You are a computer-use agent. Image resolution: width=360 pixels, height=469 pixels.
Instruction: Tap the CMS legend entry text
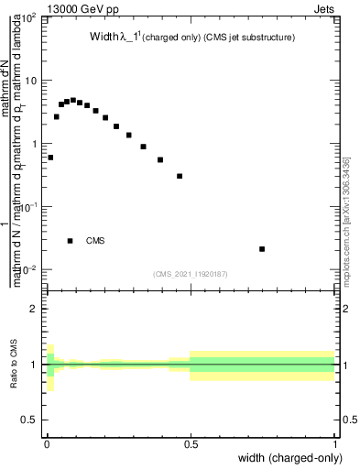pos(95,241)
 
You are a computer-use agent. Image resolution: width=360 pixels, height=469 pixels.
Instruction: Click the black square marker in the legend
pos(71,241)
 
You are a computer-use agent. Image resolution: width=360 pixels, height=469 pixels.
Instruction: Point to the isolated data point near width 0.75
pos(262,248)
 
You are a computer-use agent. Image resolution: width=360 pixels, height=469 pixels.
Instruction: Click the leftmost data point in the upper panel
pos(50,158)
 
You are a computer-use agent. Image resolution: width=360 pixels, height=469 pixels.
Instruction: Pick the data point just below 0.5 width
pos(180,176)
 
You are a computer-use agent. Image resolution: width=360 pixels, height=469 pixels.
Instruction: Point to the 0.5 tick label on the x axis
pos(190,444)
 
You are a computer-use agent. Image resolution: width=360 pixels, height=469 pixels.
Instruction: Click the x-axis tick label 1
pos(334,444)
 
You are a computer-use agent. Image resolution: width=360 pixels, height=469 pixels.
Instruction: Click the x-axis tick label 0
pos(46,444)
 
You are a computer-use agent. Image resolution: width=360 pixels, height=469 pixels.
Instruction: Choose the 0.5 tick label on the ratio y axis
pos(29,420)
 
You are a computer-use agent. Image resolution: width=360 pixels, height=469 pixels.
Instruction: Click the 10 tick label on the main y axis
pos(29,81)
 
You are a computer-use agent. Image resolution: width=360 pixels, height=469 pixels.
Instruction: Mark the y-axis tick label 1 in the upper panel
pos(34,144)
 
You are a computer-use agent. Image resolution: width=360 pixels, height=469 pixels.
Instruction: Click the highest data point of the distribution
pos(73,100)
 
